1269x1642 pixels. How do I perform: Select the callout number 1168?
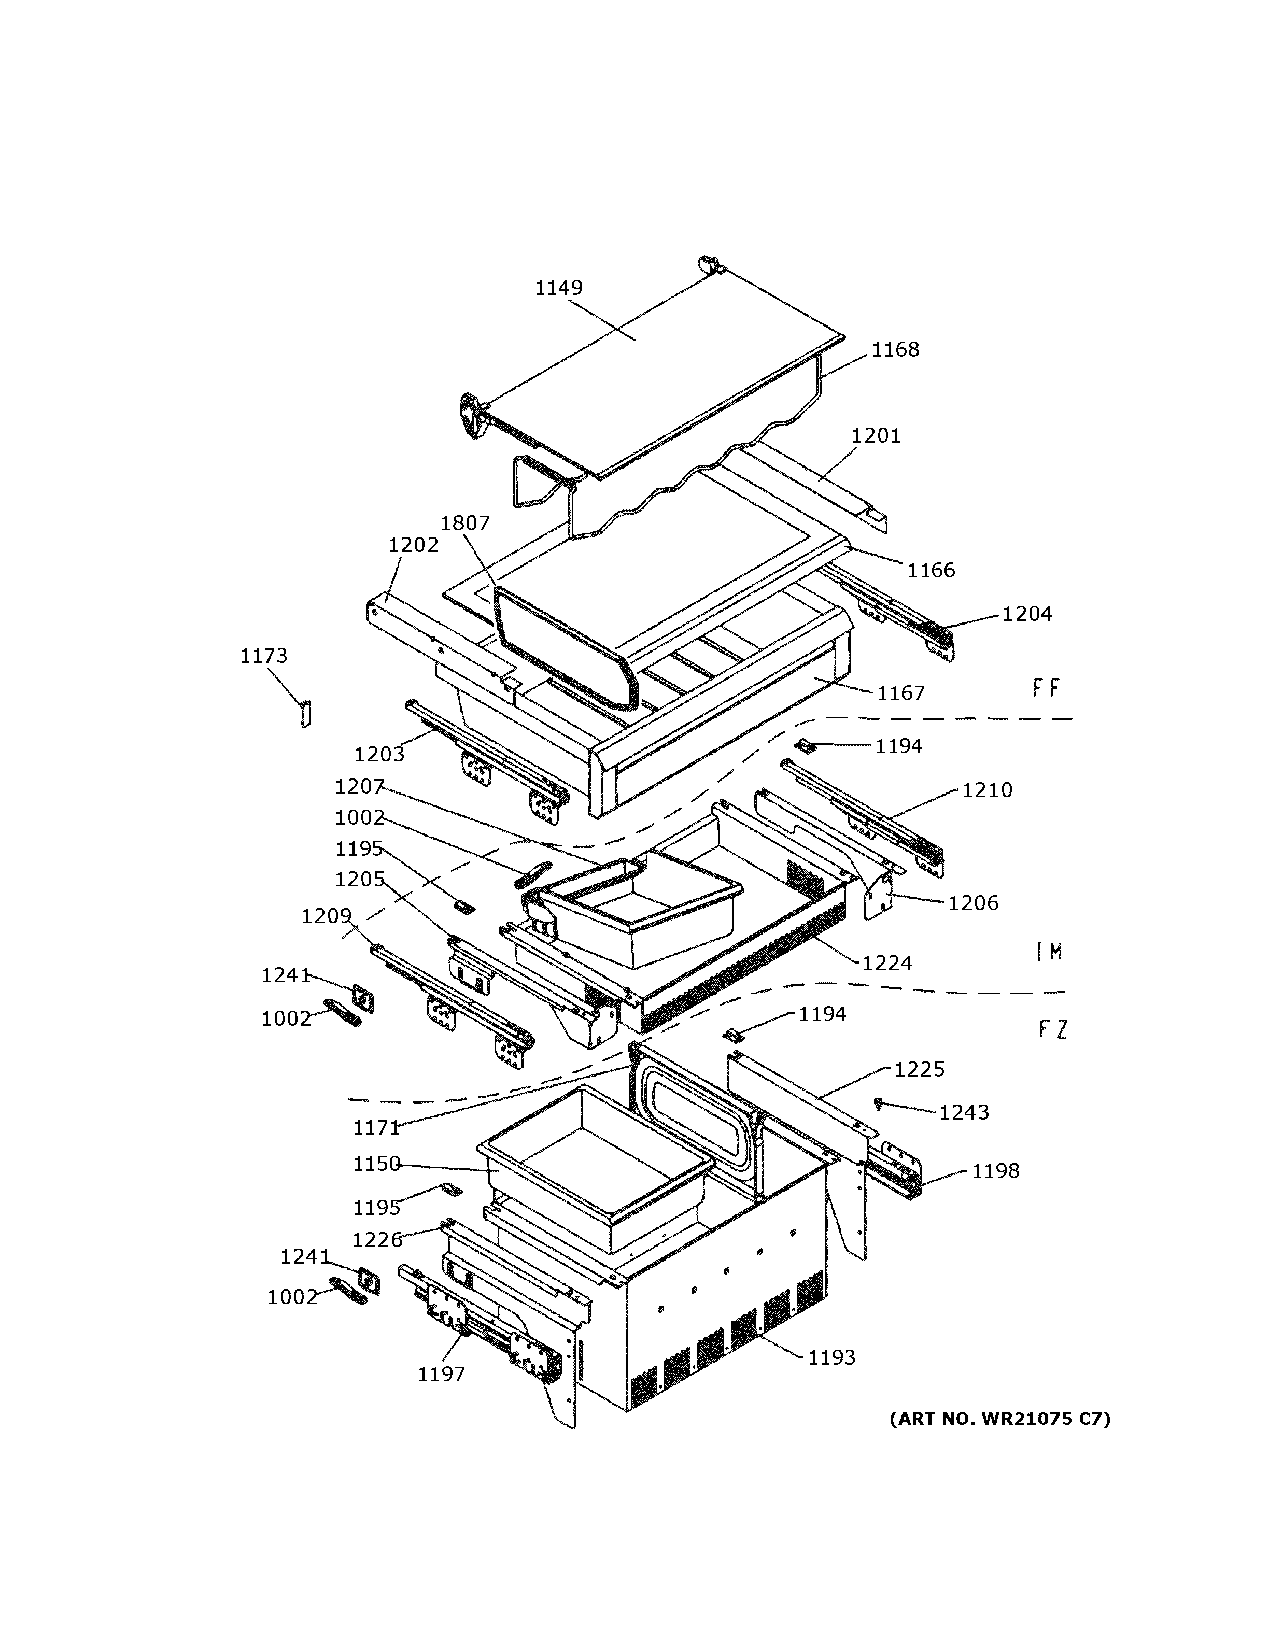(895, 350)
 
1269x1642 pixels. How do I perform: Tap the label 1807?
(464, 523)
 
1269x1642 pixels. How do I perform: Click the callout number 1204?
(1026, 614)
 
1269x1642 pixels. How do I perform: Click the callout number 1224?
(887, 963)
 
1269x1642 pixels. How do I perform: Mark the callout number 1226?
(377, 1240)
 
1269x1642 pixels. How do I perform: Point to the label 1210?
(986, 790)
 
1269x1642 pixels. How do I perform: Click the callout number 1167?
(900, 693)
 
